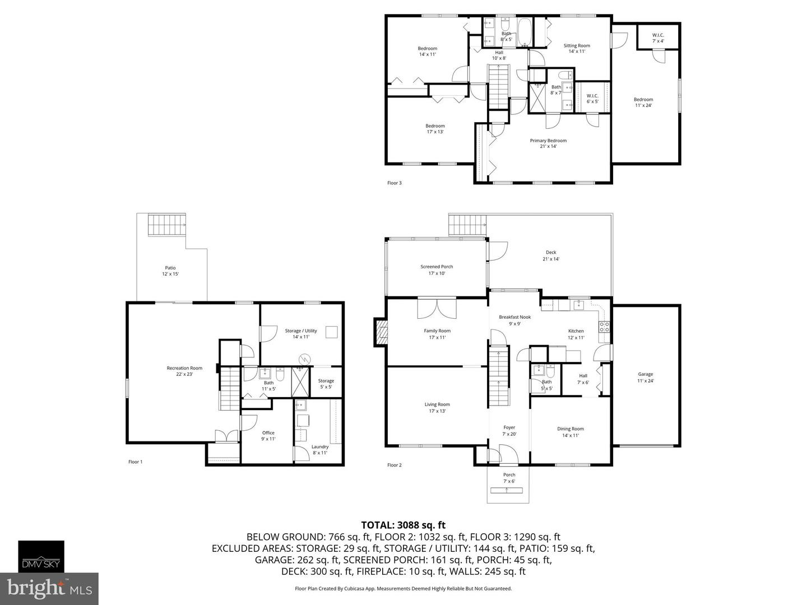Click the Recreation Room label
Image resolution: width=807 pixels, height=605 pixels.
coord(184,367)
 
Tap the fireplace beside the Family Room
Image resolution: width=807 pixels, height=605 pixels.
coord(381,332)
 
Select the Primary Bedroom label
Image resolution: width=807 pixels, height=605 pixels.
coord(548,140)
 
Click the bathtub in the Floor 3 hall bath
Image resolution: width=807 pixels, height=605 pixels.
coord(525,32)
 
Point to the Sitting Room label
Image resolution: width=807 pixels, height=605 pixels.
coord(577,45)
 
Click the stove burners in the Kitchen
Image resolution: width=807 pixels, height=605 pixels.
coord(605,327)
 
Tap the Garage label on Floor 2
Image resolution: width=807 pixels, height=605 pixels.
coord(645,374)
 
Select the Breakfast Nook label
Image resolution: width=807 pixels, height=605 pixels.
coord(514,317)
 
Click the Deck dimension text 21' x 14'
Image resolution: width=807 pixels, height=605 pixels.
coord(551,259)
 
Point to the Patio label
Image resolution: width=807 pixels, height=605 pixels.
coord(170,268)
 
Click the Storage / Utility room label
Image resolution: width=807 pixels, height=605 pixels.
coord(301,331)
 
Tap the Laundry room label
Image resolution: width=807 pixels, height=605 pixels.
coord(320,446)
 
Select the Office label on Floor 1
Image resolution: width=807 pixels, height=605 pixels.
coord(268,432)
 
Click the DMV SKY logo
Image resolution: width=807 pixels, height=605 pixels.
coord(41,556)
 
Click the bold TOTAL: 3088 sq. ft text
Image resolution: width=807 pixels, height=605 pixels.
coord(403,525)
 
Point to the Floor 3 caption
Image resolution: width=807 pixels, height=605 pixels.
coord(395,183)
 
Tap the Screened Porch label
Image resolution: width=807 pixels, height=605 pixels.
coord(437,267)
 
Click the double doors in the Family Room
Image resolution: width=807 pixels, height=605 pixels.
coord(437,309)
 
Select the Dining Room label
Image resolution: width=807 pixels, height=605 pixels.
coord(571,429)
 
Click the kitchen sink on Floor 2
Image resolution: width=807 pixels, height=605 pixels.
coord(579,305)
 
